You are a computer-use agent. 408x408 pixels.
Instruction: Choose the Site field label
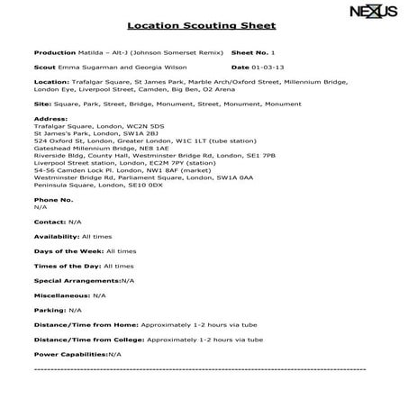41,104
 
